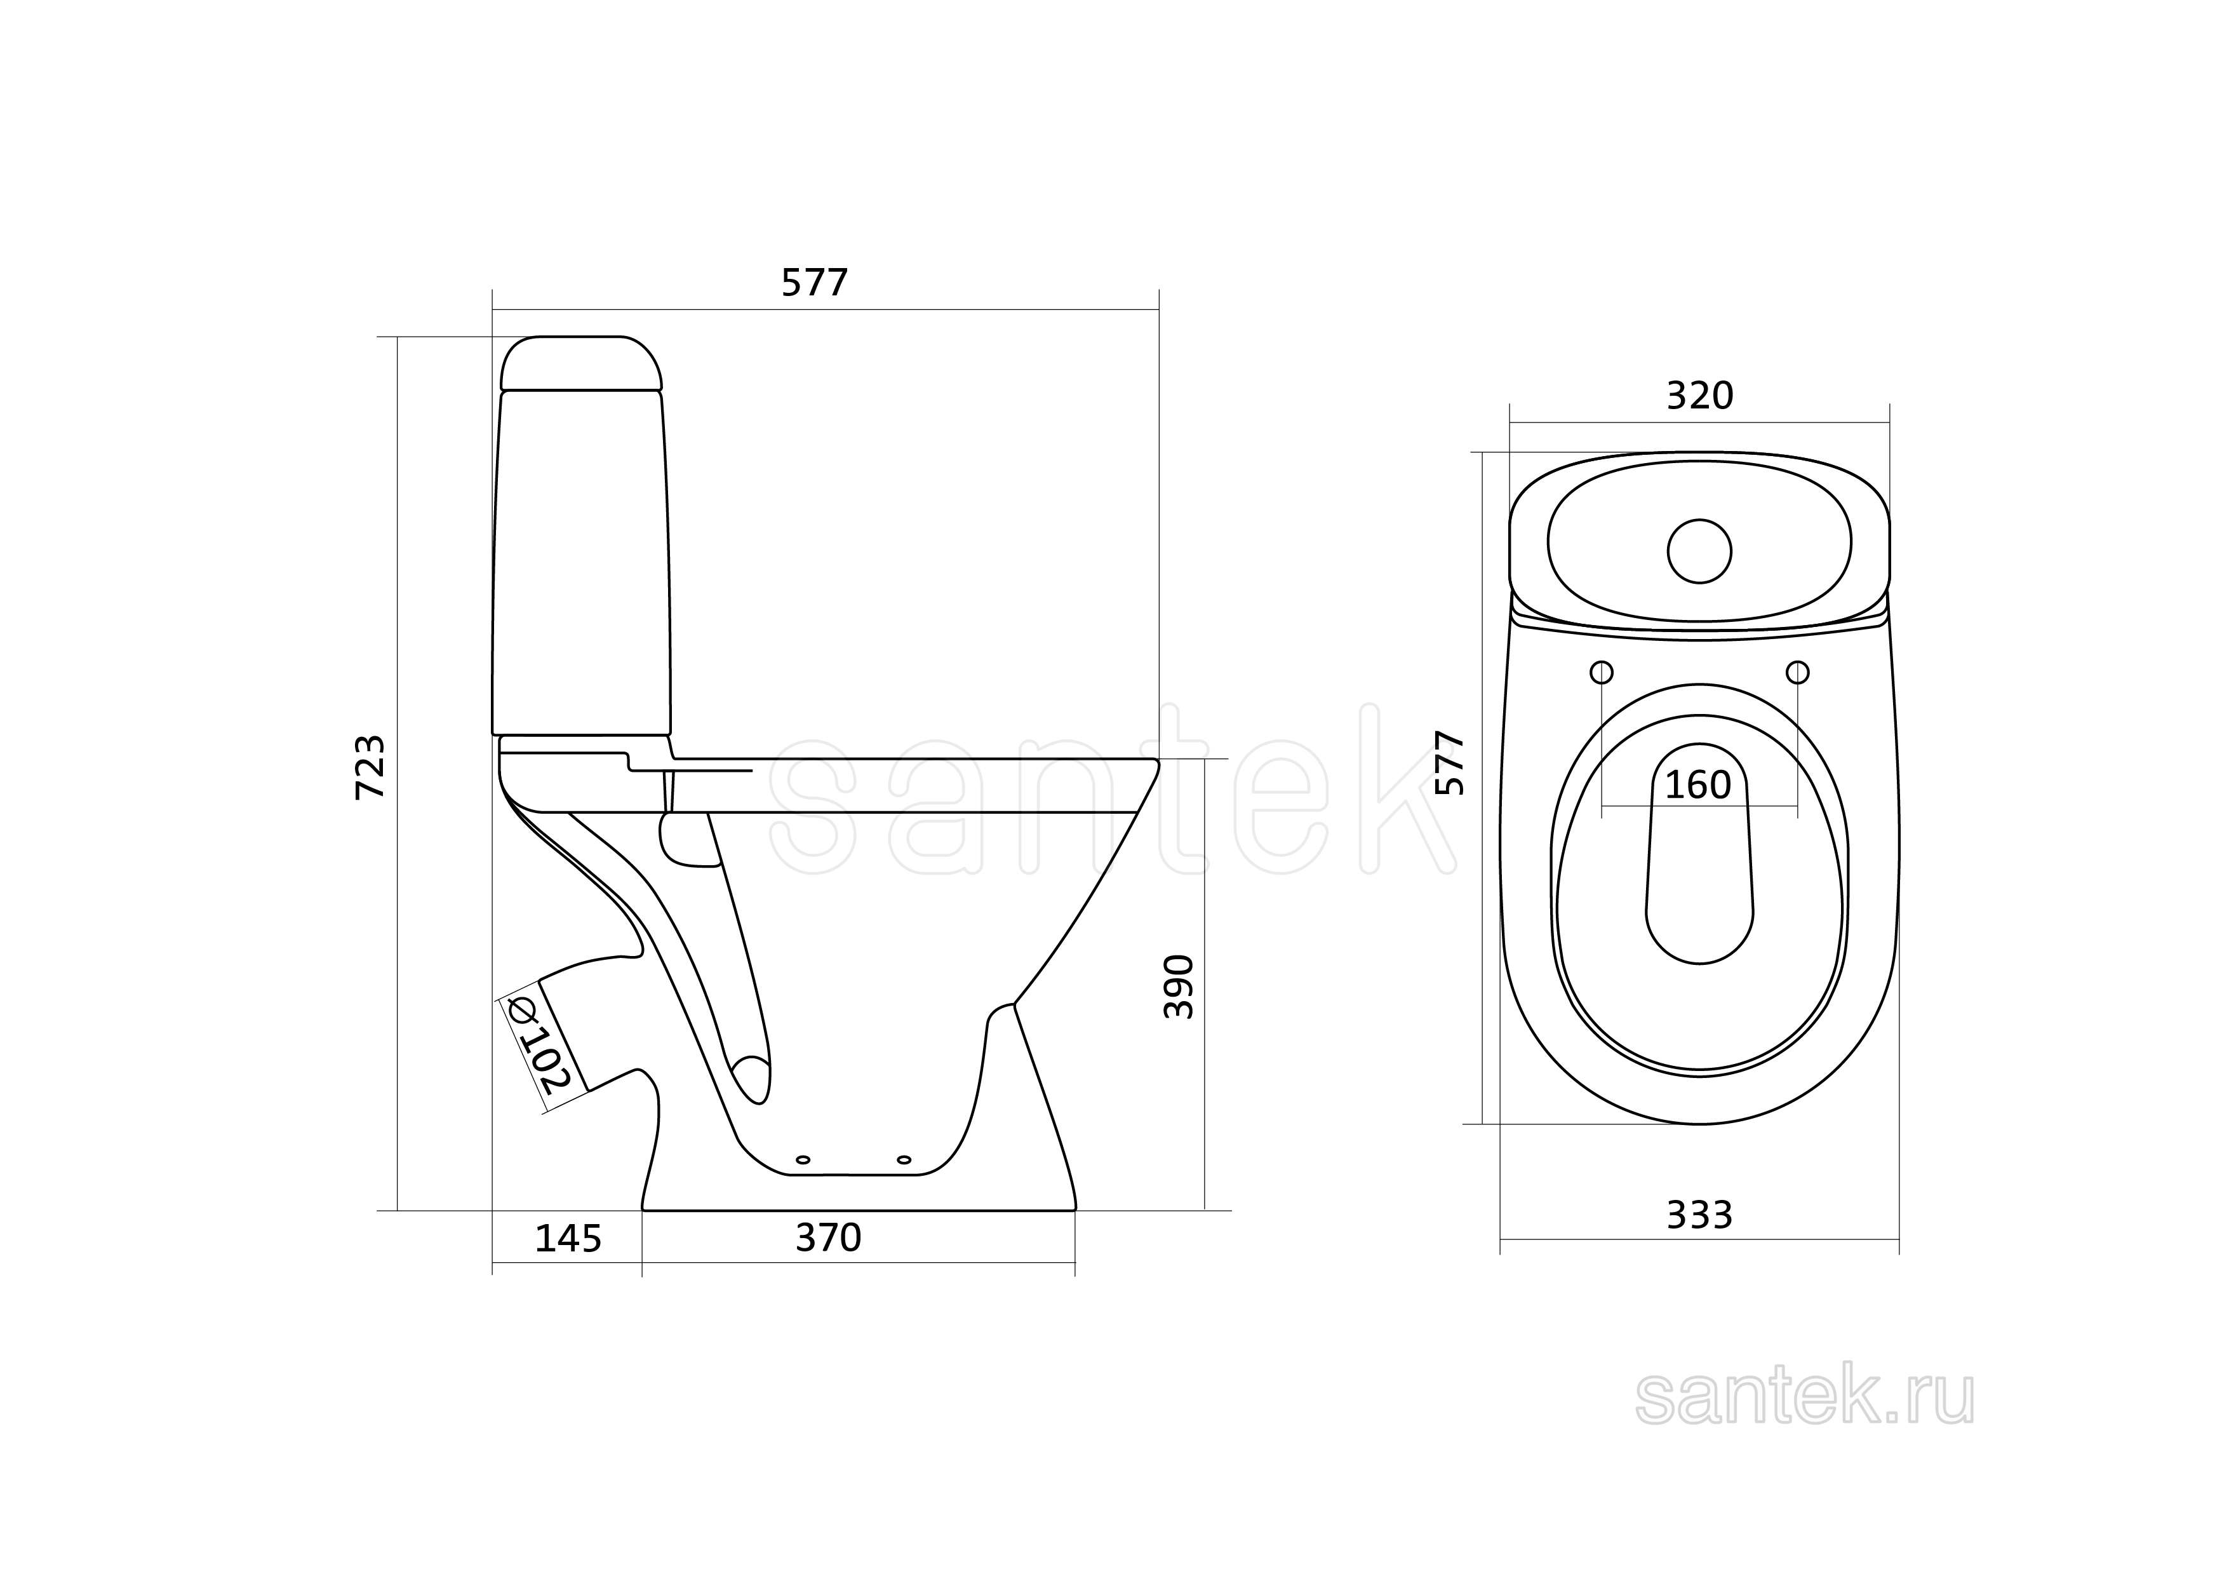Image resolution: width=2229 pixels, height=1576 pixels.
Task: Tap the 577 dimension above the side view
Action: coord(815,283)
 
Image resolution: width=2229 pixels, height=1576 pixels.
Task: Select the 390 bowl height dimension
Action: coord(1179,987)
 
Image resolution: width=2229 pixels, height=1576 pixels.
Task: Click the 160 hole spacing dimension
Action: coord(1698,785)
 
